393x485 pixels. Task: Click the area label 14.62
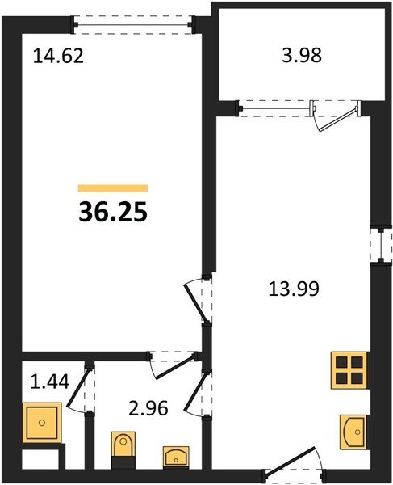tap(58, 57)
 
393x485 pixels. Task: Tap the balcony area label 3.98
tap(302, 55)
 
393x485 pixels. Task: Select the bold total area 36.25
tap(113, 212)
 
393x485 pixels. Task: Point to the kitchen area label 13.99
tap(294, 289)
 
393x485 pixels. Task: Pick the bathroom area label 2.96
tap(148, 408)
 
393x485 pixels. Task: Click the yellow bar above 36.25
tap(113, 188)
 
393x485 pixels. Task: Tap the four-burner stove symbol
tap(349, 370)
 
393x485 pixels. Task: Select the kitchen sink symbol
tap(354, 432)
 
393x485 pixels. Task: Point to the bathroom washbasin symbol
tap(176, 456)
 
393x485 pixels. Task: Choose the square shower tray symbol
tap(42, 423)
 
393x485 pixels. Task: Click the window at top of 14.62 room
tap(133, 25)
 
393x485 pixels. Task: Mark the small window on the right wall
tap(381, 246)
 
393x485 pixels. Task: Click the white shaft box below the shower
tap(40, 459)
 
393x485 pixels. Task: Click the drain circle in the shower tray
tap(42, 423)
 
